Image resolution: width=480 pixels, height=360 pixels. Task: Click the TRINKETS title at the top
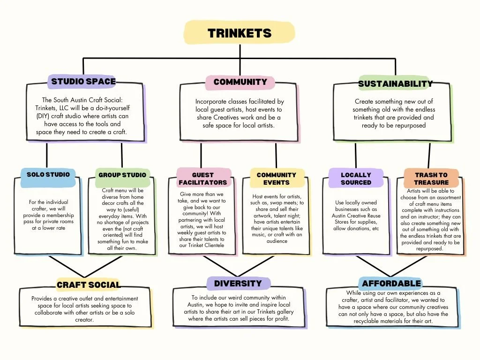pos(240,33)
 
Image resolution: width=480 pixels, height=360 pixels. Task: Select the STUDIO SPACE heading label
pos(83,82)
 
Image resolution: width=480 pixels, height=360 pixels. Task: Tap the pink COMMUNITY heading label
pos(240,82)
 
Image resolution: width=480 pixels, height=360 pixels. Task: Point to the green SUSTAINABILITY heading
pos(395,84)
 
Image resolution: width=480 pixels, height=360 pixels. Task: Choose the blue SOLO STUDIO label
pos(48,174)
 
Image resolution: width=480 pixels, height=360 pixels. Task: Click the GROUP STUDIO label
pos(122,175)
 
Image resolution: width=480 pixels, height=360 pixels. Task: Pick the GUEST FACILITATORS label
pos(203,179)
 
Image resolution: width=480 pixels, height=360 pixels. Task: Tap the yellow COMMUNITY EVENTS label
pos(277,179)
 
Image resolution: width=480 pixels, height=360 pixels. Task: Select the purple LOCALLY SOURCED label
pos(356,179)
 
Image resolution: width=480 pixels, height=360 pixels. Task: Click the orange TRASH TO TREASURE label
pos(431,179)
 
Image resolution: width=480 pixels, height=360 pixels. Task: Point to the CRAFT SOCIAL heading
pos(89,285)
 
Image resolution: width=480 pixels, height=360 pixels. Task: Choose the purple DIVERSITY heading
pos(238,284)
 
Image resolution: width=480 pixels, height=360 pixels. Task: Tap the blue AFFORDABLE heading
pos(391,284)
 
